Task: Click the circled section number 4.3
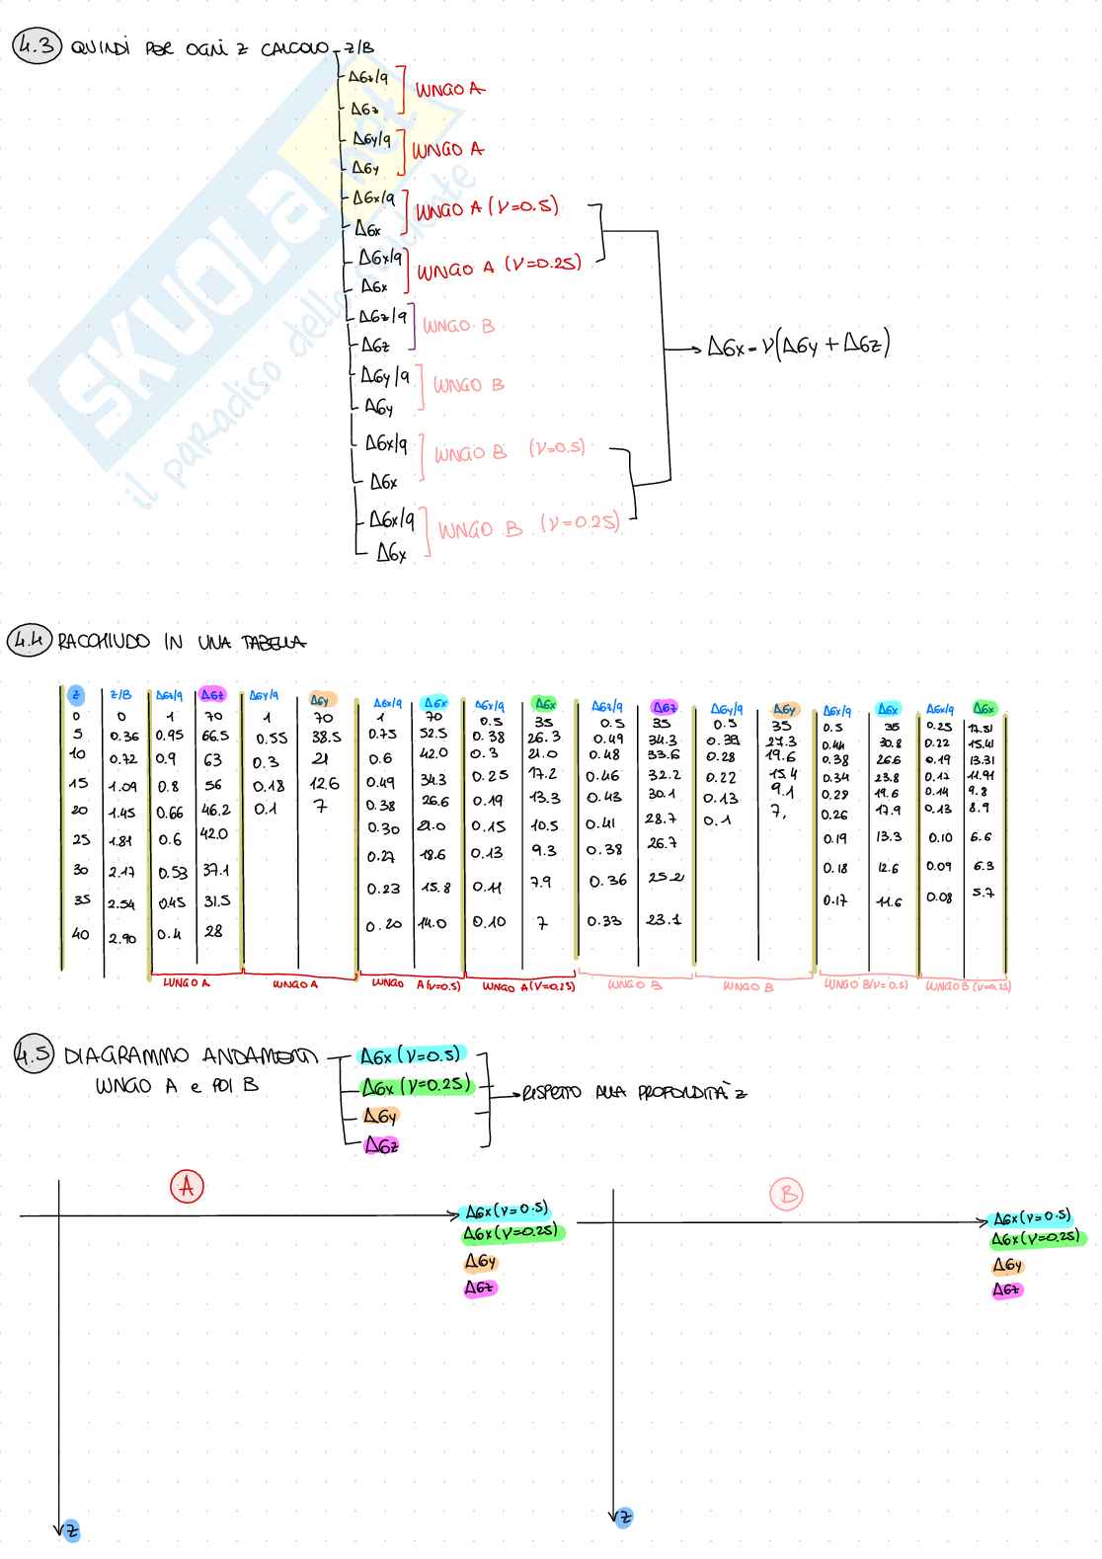point(37,46)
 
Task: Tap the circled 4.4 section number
point(30,641)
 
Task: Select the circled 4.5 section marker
point(34,1054)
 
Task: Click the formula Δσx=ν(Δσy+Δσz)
point(799,346)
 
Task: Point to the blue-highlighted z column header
point(76,695)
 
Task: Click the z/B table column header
point(120,695)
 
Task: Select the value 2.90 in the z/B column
point(122,938)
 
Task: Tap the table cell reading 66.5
point(215,736)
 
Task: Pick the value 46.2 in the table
point(216,810)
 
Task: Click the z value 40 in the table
point(80,933)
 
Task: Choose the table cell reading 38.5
point(326,737)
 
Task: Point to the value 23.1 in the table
point(664,919)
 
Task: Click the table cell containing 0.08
point(939,897)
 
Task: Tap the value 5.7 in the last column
point(983,893)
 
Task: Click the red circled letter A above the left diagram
point(188,1186)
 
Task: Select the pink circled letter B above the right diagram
point(787,1196)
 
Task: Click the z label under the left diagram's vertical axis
point(69,1531)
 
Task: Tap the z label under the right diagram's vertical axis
point(622,1517)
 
